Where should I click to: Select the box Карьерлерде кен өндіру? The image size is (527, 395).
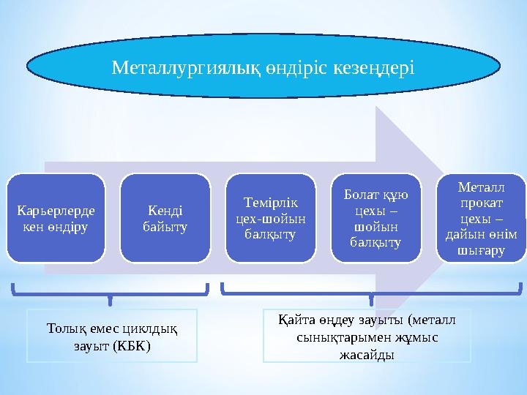[56, 218]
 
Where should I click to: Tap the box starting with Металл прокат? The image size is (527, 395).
[482, 218]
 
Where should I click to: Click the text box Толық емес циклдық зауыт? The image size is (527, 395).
[112, 336]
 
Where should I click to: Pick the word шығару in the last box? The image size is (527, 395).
[482, 250]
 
